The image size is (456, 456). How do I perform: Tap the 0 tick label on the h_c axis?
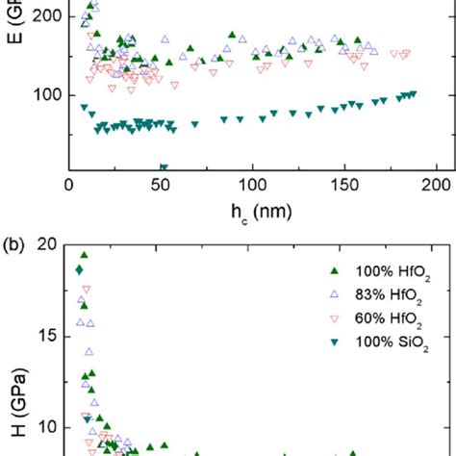pyautogui.click(x=69, y=186)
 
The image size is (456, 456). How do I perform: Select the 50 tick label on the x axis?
pyautogui.click(x=161, y=186)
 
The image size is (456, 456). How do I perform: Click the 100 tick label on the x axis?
pyautogui.click(x=253, y=186)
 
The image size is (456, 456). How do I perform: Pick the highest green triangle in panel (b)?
pyautogui.click(x=84, y=256)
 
